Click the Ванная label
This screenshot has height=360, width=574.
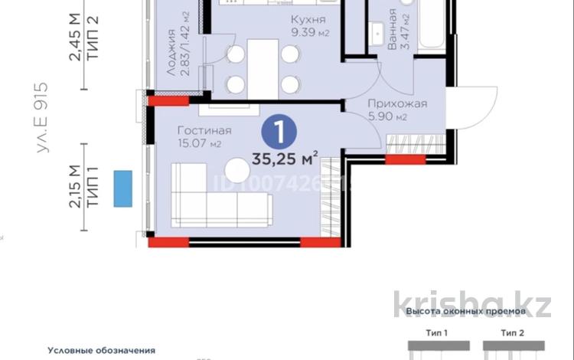pyautogui.click(x=392, y=29)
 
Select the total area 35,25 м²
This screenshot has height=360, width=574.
pyautogui.click(x=284, y=160)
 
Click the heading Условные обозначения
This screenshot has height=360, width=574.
pyautogui.click(x=101, y=350)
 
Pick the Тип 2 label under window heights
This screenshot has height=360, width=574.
pyautogui.click(x=513, y=332)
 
